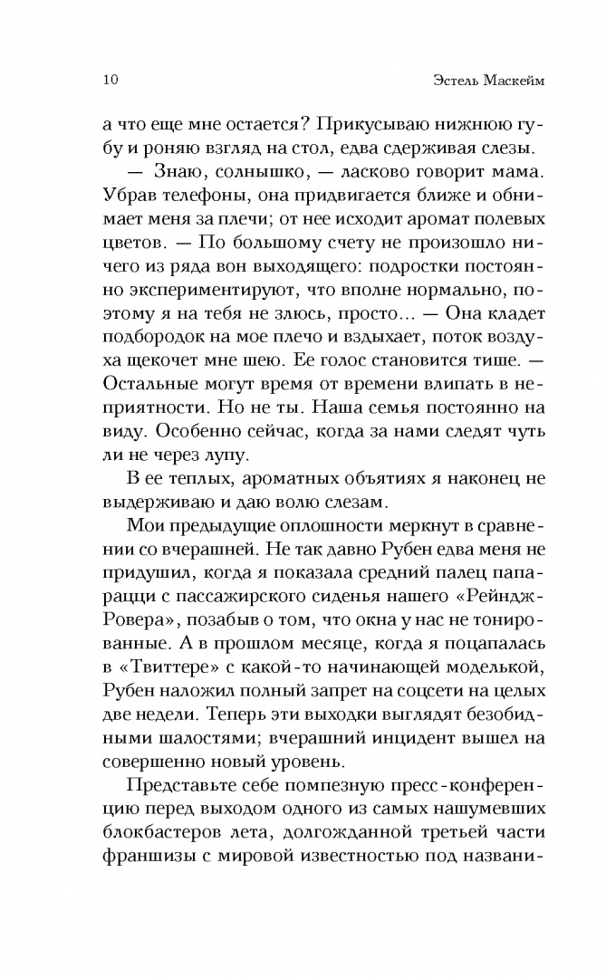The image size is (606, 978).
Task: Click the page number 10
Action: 99,81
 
